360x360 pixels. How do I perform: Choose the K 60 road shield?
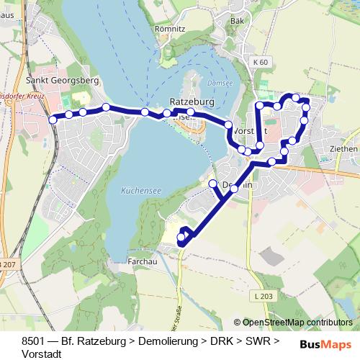coord(261,63)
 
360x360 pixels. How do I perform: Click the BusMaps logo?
coord(326,344)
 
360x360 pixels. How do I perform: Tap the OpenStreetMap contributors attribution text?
coord(297,323)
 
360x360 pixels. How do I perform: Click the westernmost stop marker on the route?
coord(53,120)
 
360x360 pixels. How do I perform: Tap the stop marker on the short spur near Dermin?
coord(213,184)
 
